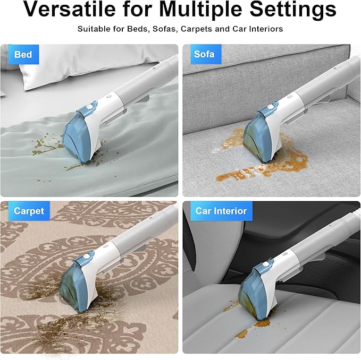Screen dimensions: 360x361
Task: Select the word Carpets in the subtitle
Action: pyautogui.click(x=196, y=28)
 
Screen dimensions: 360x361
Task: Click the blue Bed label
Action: pyautogui.click(x=23, y=55)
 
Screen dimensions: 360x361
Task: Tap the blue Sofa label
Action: pyautogui.click(x=204, y=55)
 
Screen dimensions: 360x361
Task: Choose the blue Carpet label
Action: pyautogui.click(x=29, y=211)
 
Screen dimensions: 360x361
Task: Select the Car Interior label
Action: pyautogui.click(x=221, y=211)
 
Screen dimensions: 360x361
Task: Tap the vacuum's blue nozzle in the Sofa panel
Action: pyautogui.click(x=259, y=135)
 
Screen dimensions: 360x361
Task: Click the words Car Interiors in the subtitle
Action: pyautogui.click(x=253, y=28)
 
